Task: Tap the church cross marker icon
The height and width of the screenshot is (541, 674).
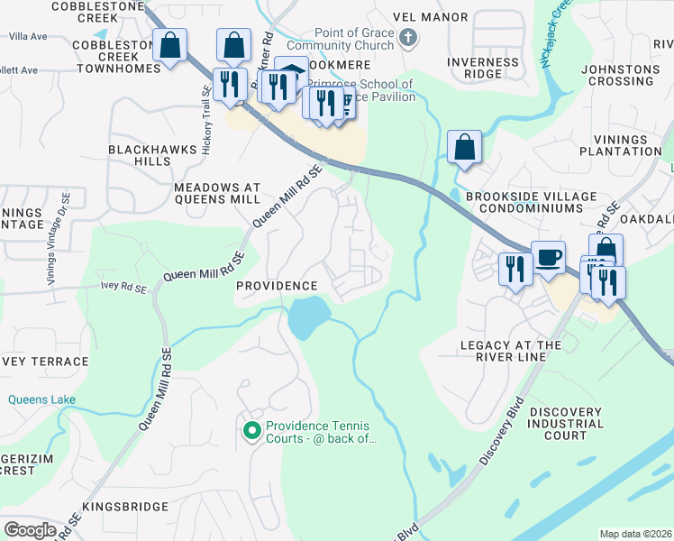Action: tap(408, 37)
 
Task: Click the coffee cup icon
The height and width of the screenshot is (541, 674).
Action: tap(548, 258)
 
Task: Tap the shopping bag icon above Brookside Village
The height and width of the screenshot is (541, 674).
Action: tap(464, 148)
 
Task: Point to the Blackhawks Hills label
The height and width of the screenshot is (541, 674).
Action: tap(140, 154)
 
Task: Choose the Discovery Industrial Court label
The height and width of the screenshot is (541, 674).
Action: tap(566, 424)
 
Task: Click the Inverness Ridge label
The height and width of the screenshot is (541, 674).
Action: tap(484, 69)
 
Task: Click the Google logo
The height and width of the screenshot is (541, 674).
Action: tap(30, 530)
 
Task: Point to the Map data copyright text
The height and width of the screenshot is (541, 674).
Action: tap(635, 534)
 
